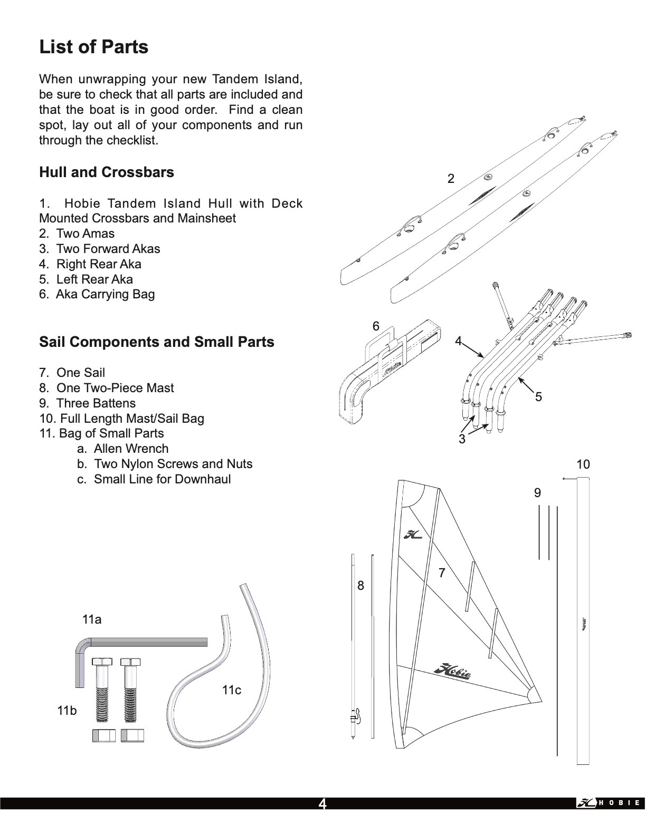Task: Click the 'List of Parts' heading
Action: [93, 47]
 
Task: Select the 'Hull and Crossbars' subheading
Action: [106, 172]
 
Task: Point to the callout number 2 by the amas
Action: [451, 179]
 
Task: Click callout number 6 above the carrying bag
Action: [376, 326]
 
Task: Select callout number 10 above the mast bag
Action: [583, 464]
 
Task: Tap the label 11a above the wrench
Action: [92, 619]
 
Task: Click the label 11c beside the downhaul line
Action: [232, 690]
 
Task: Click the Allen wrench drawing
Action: [142, 642]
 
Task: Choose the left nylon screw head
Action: [102, 662]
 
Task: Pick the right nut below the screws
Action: [132, 735]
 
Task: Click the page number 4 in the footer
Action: [322, 804]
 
